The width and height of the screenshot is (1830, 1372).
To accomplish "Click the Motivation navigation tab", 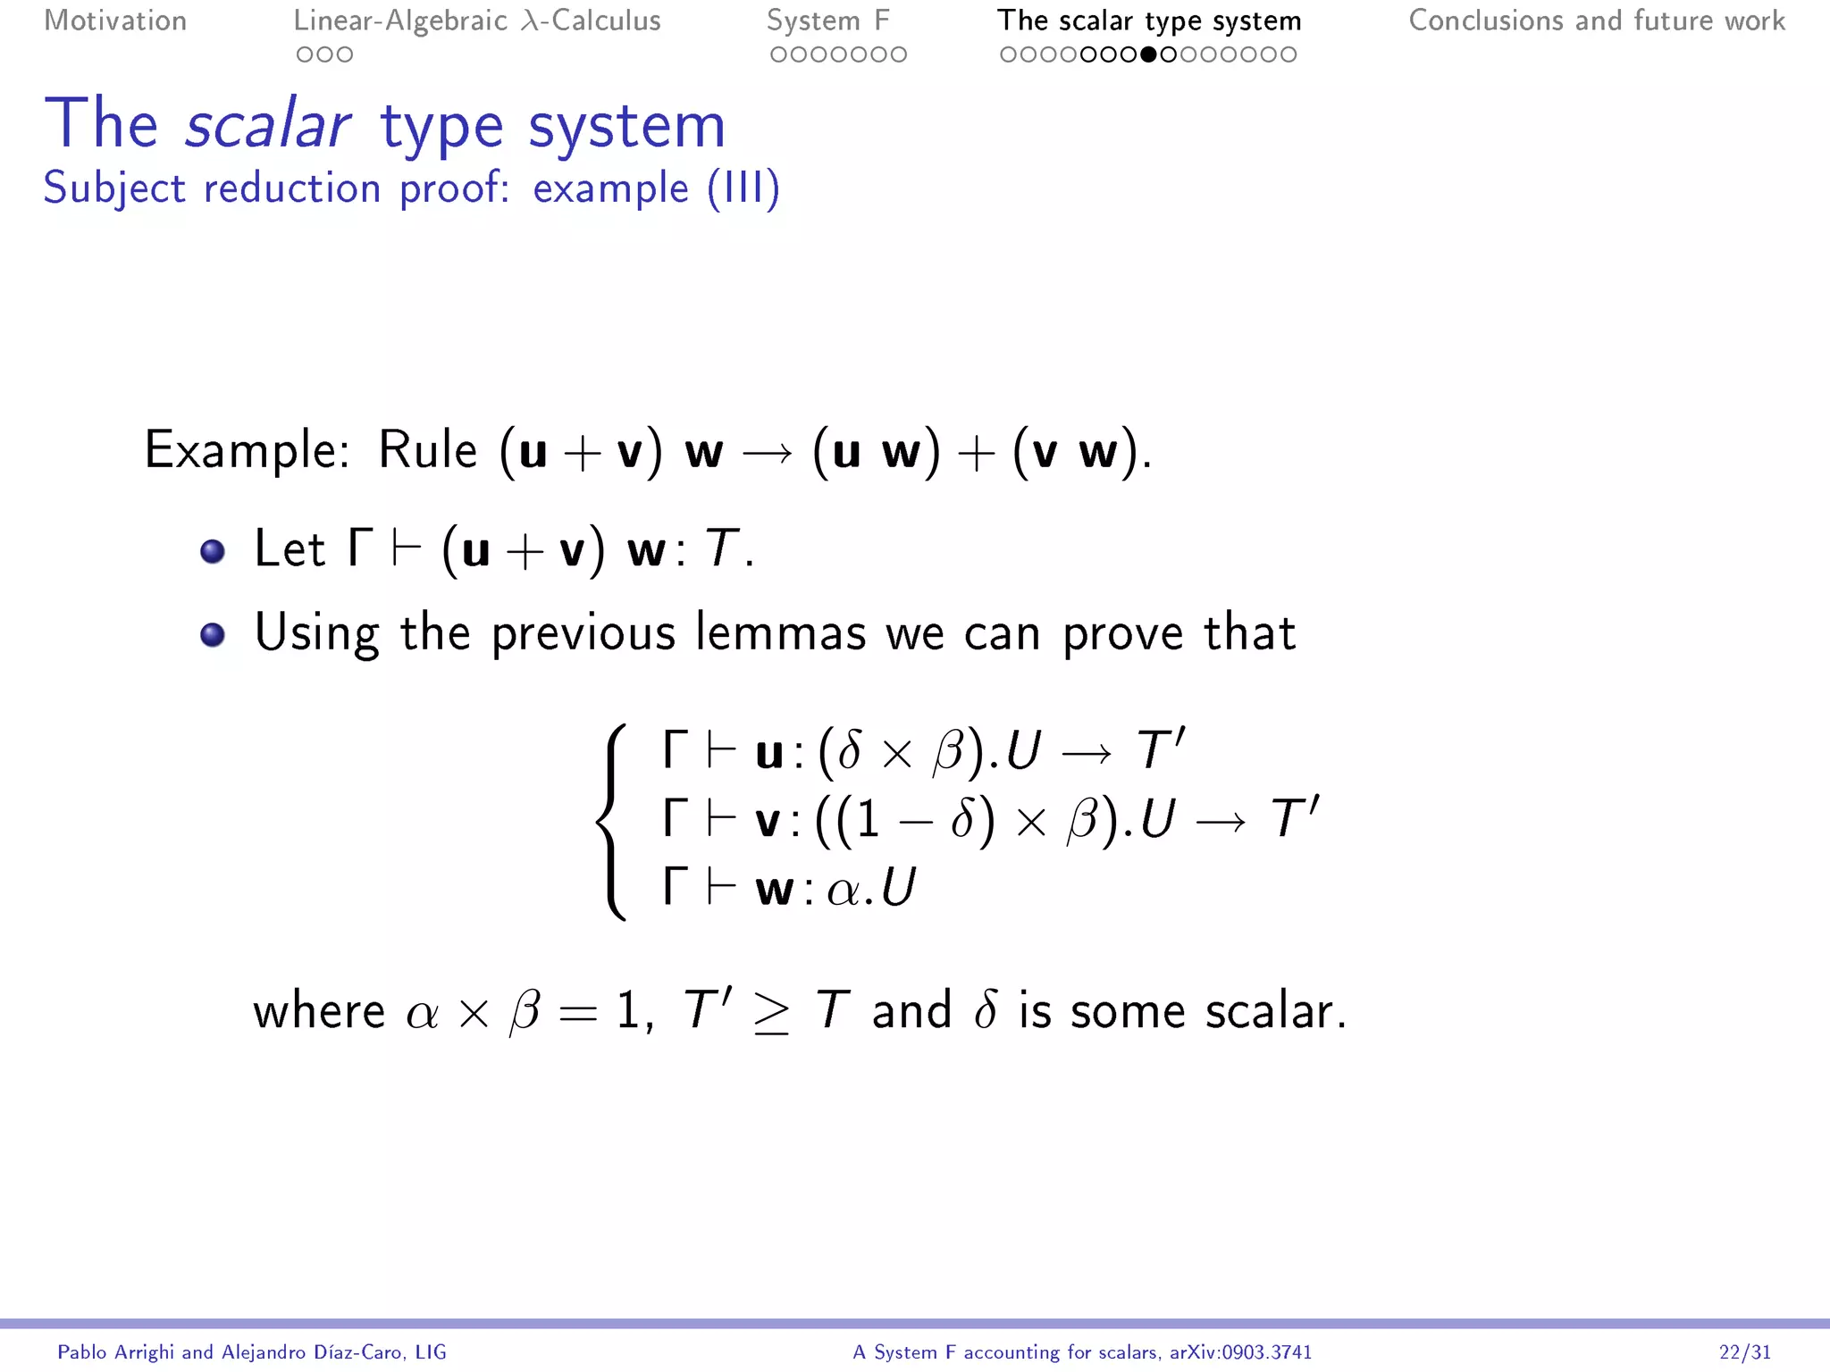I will click(x=115, y=21).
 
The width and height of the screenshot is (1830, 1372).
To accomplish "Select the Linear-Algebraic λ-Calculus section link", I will click(x=477, y=21).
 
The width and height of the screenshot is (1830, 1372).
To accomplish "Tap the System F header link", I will click(x=827, y=21).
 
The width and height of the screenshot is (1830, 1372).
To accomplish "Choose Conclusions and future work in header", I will click(x=1596, y=21).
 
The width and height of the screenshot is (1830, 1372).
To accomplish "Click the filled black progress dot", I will click(x=1148, y=54).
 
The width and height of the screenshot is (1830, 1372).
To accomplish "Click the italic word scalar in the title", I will click(x=267, y=125).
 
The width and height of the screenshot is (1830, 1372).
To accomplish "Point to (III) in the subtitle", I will click(x=743, y=188).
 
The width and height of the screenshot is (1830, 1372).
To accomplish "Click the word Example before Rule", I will click(x=247, y=449).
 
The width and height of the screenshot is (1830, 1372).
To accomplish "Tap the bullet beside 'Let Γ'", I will click(x=213, y=551).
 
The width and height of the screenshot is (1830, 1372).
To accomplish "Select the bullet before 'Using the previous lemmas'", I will click(x=213, y=634).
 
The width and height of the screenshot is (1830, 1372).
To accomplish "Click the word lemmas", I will click(x=780, y=633).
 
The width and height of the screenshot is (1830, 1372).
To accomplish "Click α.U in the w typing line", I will click(x=871, y=889).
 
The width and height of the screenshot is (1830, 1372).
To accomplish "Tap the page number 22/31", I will click(x=1744, y=1352).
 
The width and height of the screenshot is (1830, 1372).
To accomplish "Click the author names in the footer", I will click(x=251, y=1352).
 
